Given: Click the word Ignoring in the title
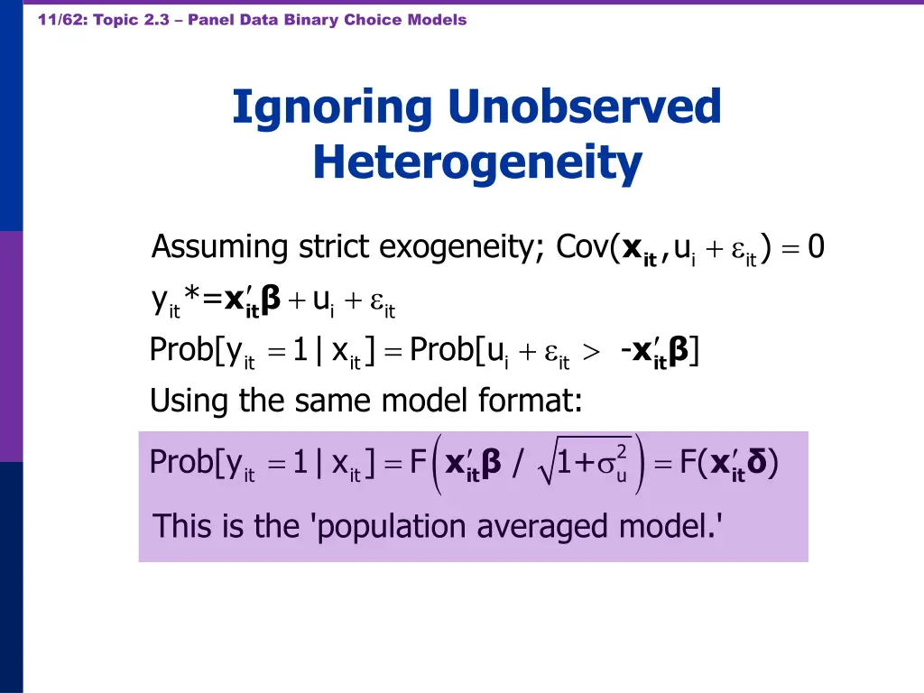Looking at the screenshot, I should pyautogui.click(x=333, y=107).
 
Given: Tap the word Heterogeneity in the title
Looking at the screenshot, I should pyautogui.click(x=477, y=163).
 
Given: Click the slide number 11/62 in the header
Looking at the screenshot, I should pyautogui.click(x=60, y=20).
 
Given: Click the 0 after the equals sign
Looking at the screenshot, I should pyautogui.click(x=816, y=246).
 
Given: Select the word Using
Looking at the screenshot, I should pyautogui.click(x=190, y=400).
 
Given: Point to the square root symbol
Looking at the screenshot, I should pyautogui.click(x=547, y=465).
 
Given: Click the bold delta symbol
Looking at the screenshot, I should pyautogui.click(x=759, y=463).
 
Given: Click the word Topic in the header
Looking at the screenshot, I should pyautogui.click(x=115, y=20).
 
